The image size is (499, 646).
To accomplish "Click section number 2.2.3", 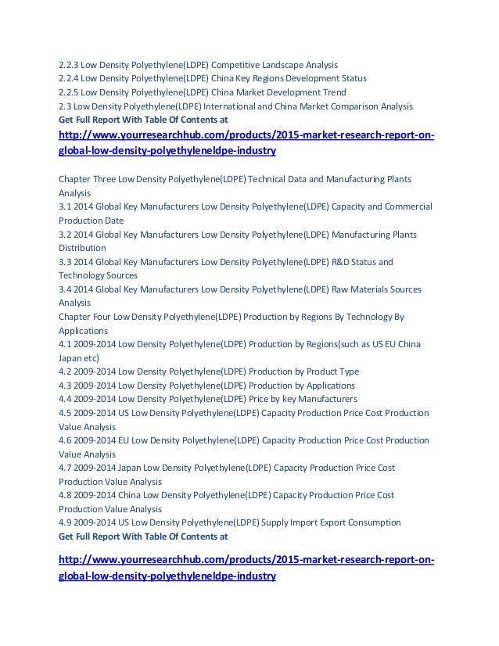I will [69, 64].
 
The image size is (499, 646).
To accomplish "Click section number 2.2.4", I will [69, 78].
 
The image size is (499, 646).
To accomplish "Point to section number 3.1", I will [65, 206].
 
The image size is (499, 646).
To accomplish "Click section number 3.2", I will [65, 235].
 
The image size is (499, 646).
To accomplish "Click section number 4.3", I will [65, 386].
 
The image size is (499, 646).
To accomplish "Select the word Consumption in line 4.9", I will [372, 522].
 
